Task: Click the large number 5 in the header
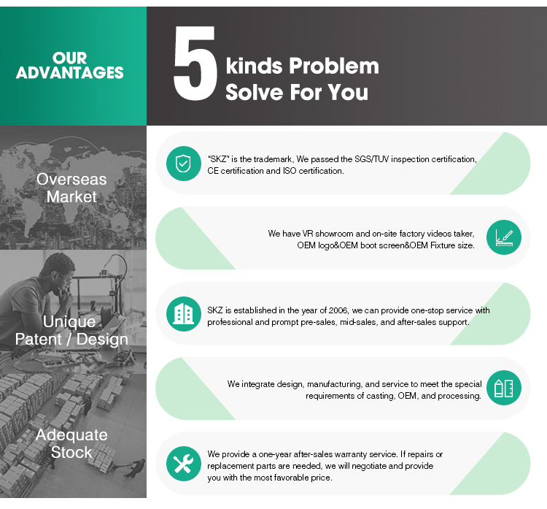(x=195, y=64)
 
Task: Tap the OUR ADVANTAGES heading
(x=70, y=65)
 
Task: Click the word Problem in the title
(x=334, y=66)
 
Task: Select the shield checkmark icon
(x=184, y=164)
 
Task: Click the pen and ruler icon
(x=504, y=237)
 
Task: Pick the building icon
(x=184, y=314)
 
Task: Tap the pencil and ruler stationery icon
(x=504, y=388)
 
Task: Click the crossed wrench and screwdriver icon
(x=184, y=464)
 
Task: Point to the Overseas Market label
(x=71, y=188)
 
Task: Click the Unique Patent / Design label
(x=71, y=331)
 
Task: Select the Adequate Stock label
(x=71, y=443)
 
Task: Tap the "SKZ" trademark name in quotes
(x=218, y=159)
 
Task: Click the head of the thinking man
(x=58, y=268)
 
